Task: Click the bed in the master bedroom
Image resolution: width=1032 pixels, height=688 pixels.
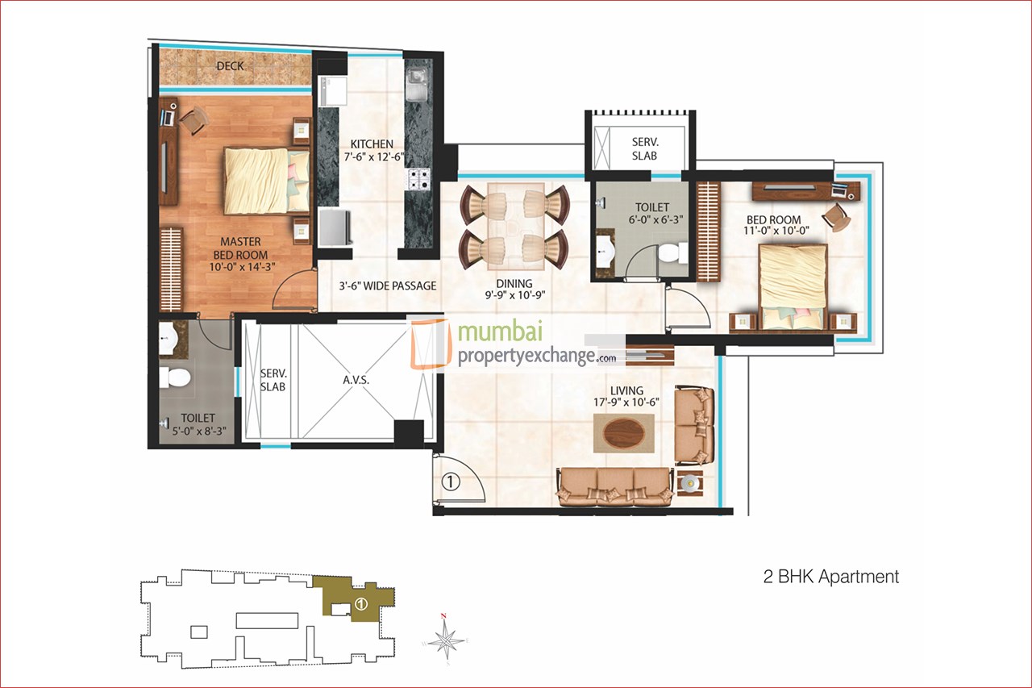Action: pos(266,179)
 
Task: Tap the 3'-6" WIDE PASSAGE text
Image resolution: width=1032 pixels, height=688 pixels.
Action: pos(387,286)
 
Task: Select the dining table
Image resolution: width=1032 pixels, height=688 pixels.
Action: pos(514,227)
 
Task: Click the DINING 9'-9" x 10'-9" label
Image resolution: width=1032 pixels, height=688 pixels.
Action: pos(514,290)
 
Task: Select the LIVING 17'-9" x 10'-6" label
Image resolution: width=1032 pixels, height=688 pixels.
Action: pos(626,396)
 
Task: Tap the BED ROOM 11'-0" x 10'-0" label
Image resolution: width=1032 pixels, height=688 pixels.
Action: pos(773,226)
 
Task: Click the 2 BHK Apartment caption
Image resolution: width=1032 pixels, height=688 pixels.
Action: pos(830,577)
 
